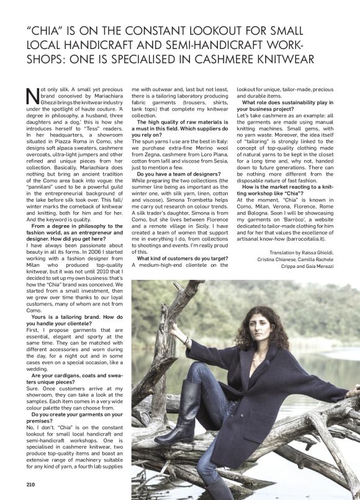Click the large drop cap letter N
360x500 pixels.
pos(32,97)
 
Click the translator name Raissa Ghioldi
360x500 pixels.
pos(326,251)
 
